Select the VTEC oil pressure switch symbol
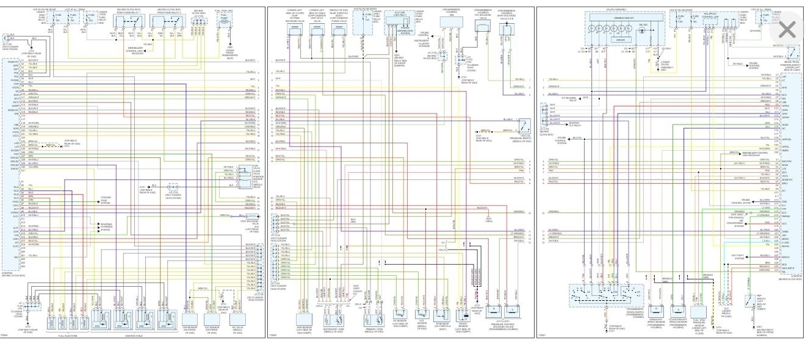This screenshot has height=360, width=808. tap(523, 127)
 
